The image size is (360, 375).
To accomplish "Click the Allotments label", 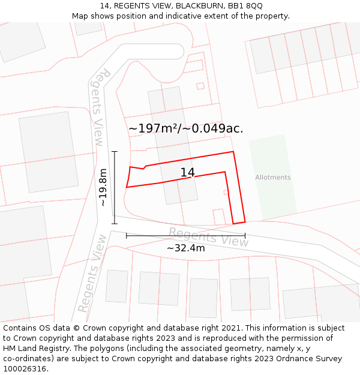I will coord(272,177).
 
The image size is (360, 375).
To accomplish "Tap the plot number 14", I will coord(187,173).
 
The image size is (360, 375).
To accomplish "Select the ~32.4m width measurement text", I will coord(185,248).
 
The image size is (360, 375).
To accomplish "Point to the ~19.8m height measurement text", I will coord(103,187).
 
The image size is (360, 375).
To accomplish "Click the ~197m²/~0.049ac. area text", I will coord(185,128).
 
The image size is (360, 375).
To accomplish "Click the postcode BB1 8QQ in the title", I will coord(246,6).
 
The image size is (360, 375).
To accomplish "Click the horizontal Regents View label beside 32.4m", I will coord(208,236).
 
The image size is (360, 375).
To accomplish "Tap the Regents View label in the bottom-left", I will coord(91,273).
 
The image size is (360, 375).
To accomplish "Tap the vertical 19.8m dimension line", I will coord(114,187).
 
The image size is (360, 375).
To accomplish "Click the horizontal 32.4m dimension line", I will coord(185,236).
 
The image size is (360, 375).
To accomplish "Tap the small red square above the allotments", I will coord(200,86).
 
